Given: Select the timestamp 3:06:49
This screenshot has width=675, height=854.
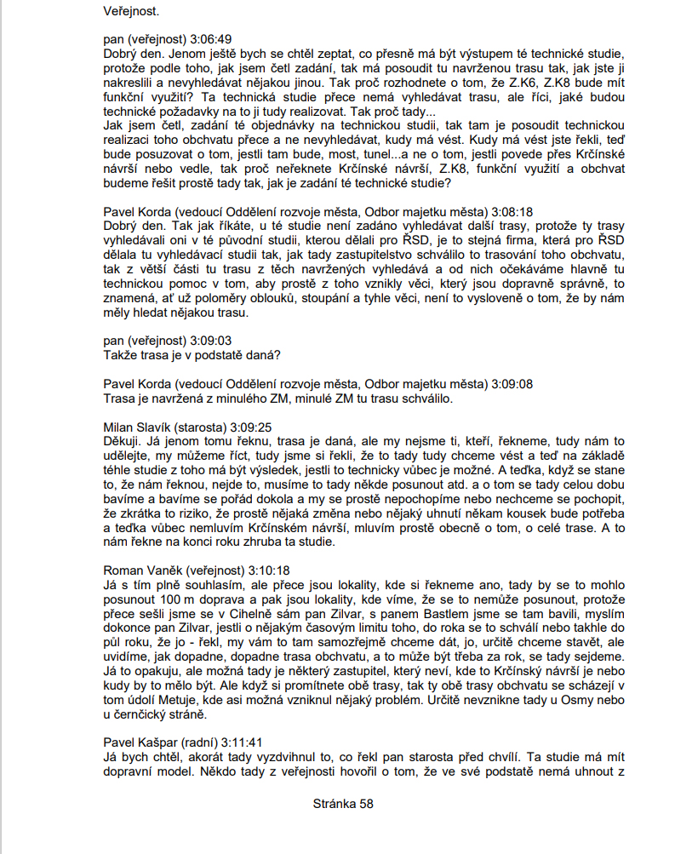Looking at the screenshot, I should pos(207,39).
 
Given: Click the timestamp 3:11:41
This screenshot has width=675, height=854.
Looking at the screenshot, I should pos(251,742).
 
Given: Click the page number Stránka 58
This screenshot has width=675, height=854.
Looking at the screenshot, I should pos(343,803).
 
